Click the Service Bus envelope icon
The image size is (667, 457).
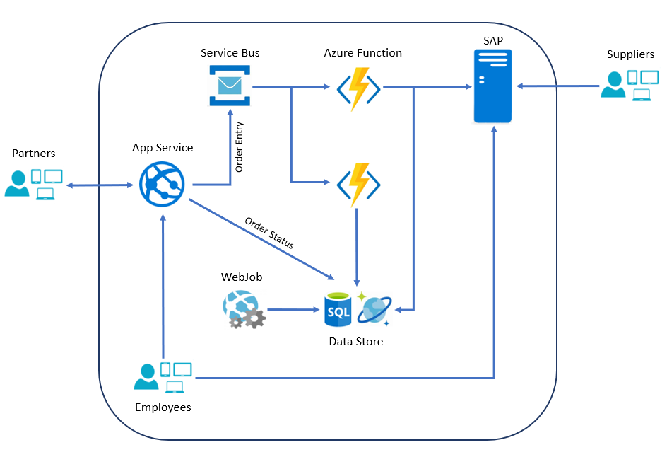point(230,86)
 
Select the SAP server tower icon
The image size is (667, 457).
point(492,86)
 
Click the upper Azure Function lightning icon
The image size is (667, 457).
point(359,89)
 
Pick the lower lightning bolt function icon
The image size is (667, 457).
point(359,185)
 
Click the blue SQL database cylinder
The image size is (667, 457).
point(338,310)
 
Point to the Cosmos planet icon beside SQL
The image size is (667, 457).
point(374,309)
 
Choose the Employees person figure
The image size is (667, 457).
point(146,377)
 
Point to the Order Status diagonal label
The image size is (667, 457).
point(269,232)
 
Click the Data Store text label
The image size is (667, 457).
point(355,342)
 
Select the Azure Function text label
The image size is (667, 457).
point(362,53)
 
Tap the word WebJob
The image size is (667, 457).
point(242,277)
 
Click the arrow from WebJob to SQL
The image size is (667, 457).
point(293,310)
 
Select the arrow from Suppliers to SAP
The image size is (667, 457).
point(558,86)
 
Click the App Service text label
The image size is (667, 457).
point(162,148)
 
